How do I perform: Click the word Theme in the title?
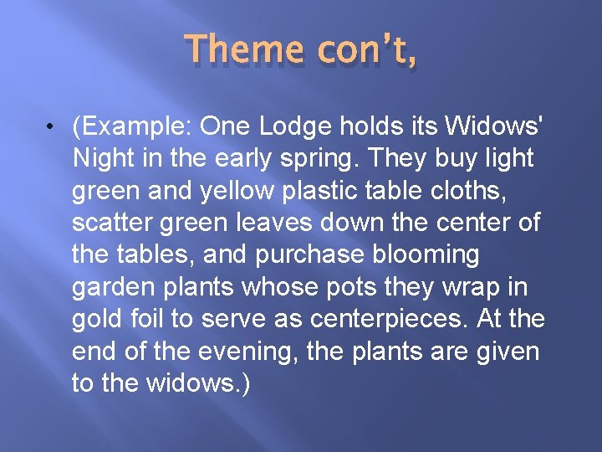pyautogui.click(x=243, y=49)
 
